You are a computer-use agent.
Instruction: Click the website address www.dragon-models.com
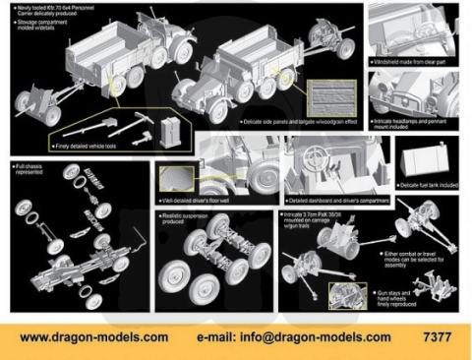[93, 336]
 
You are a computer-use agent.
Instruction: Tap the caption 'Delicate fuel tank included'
[431, 184]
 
